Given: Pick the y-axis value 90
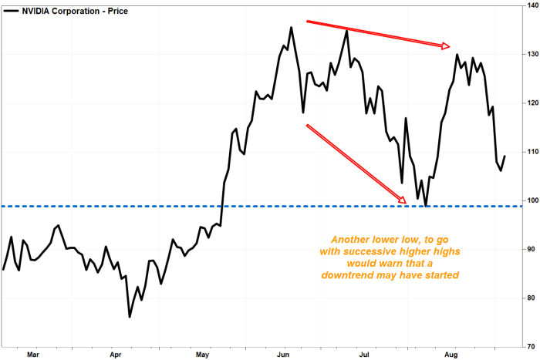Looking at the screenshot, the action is [531, 249].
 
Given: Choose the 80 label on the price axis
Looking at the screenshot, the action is [531, 298].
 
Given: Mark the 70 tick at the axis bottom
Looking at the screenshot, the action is [531, 347].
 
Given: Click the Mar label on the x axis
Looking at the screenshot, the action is [33, 355].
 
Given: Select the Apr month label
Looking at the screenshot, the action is [116, 355].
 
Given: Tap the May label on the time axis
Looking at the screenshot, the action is [202, 355].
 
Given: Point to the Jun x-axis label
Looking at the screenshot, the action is [283, 355].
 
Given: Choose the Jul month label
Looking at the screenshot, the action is [364, 355].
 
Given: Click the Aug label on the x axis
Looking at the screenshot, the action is [451, 355].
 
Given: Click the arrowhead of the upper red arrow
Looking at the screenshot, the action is [446, 45].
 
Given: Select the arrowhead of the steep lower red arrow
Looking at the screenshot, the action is [402, 200].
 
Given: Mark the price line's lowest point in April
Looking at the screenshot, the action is [130, 317].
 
